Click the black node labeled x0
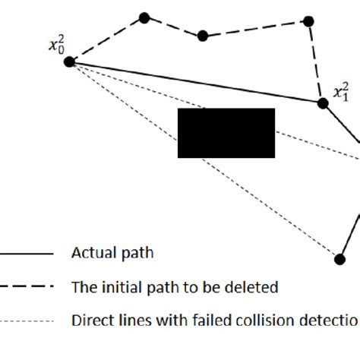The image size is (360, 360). pyautogui.click(x=69, y=62)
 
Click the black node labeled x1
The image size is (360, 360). pyautogui.click(x=323, y=103)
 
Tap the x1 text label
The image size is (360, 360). pyautogui.click(x=341, y=93)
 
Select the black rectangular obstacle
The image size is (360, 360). pyautogui.click(x=226, y=133)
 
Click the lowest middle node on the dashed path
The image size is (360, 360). pyautogui.click(x=202, y=36)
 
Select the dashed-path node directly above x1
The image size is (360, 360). pyautogui.click(x=308, y=21)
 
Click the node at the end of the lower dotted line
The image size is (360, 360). pyautogui.click(x=339, y=259)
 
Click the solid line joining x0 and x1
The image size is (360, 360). pyautogui.click(x=196, y=83)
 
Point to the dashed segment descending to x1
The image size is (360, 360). pyautogui.click(x=315, y=62)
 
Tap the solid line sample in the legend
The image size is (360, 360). pyautogui.click(x=27, y=254)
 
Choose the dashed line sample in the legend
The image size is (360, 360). pyautogui.click(x=27, y=287)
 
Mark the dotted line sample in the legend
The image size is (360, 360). pyautogui.click(x=27, y=320)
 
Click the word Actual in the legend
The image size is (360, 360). pyautogui.click(x=90, y=254)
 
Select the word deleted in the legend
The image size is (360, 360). pyautogui.click(x=255, y=287)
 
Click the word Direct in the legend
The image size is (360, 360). pyautogui.click(x=90, y=320)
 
